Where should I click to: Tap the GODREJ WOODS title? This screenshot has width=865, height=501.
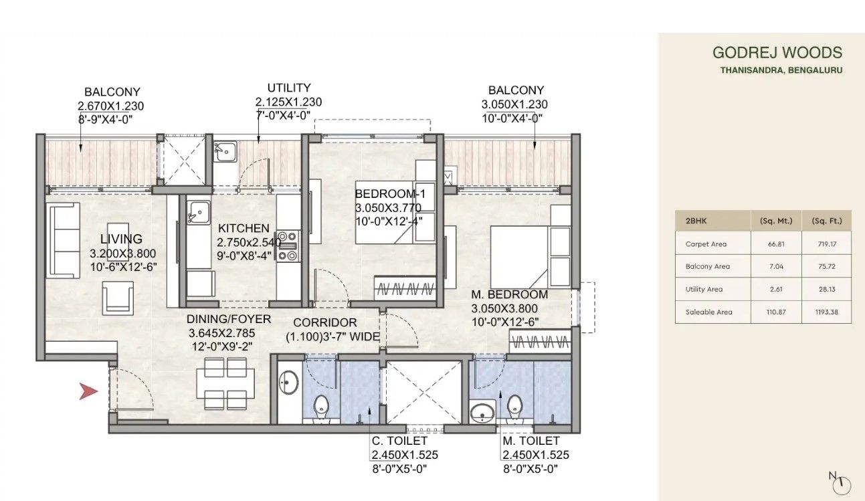point(777,53)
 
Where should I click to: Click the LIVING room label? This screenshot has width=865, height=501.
point(121,239)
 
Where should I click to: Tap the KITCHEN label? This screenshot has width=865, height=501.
point(243,229)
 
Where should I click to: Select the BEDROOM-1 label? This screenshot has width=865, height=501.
point(390,194)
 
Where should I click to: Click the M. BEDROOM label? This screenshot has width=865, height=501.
point(509,294)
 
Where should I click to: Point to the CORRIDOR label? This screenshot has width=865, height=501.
point(325,323)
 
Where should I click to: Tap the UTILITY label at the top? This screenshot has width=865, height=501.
point(288,88)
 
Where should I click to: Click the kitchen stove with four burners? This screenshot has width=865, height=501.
point(288,245)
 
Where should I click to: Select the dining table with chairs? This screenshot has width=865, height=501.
point(227,384)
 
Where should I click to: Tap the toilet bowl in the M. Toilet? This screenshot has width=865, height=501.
point(514,405)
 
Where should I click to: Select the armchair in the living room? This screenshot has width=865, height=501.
point(118,297)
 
